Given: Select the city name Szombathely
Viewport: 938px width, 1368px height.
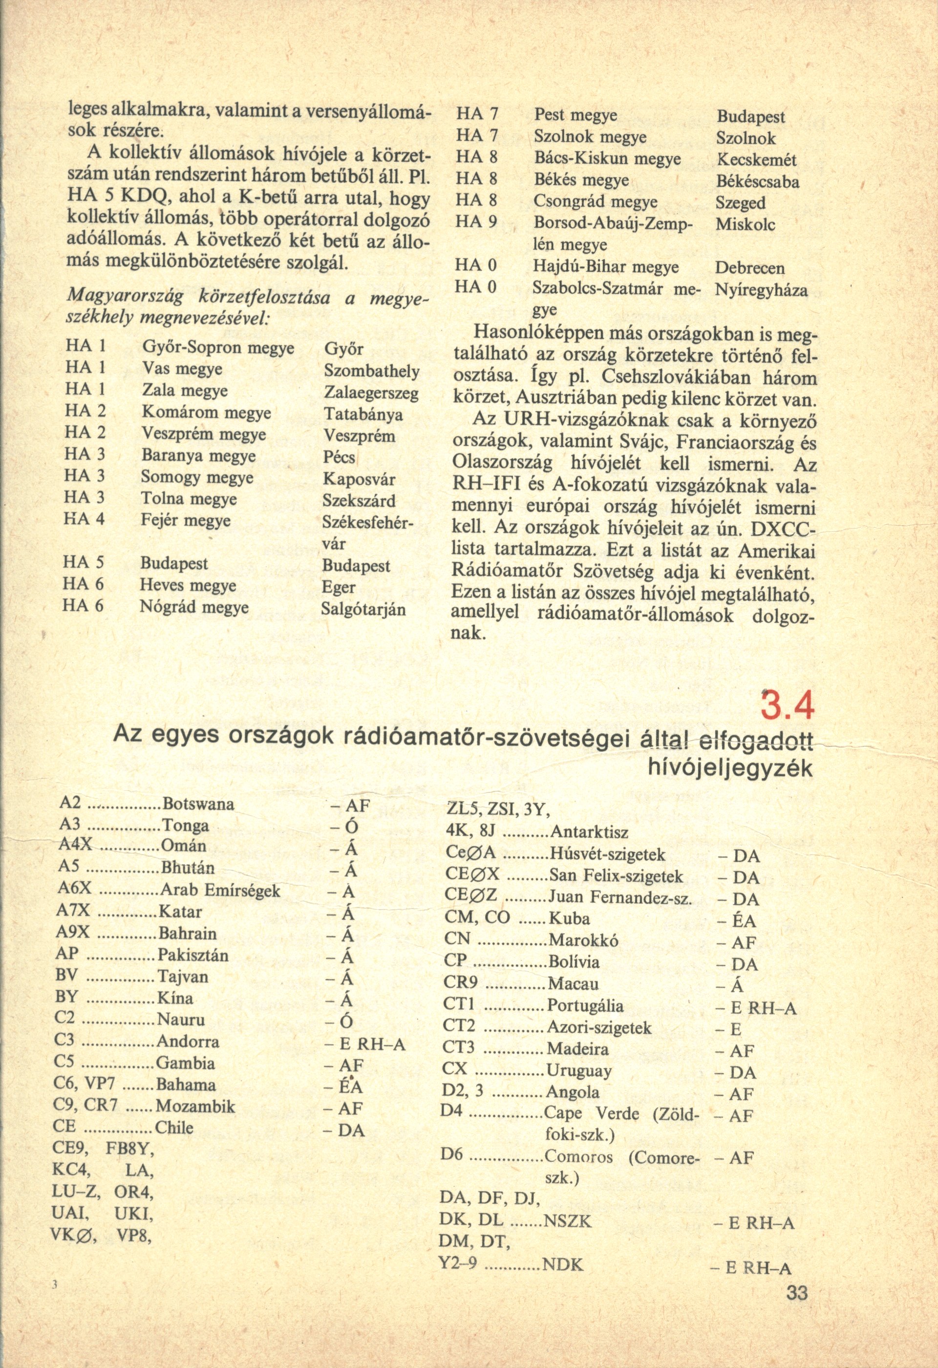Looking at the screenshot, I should [x=371, y=371].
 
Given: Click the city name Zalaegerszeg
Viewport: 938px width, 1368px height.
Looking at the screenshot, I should [x=371, y=393].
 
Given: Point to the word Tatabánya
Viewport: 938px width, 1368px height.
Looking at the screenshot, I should [x=363, y=414].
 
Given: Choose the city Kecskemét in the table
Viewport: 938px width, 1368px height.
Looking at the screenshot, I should [x=756, y=160].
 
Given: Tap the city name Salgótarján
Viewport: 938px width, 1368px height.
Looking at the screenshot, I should [x=363, y=609].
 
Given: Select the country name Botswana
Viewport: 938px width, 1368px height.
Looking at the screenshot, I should [x=198, y=804].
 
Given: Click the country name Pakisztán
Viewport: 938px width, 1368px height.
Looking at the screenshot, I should [x=193, y=955].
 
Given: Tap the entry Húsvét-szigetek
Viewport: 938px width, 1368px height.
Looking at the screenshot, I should [x=607, y=854].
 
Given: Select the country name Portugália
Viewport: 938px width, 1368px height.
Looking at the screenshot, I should [x=585, y=1005].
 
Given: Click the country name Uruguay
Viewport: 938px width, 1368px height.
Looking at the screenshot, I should [x=579, y=1070].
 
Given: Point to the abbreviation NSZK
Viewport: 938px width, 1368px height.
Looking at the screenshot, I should [x=567, y=1221].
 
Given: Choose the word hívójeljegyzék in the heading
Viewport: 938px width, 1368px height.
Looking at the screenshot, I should [x=730, y=768].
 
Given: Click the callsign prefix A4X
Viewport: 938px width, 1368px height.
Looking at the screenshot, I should [x=76, y=846].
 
